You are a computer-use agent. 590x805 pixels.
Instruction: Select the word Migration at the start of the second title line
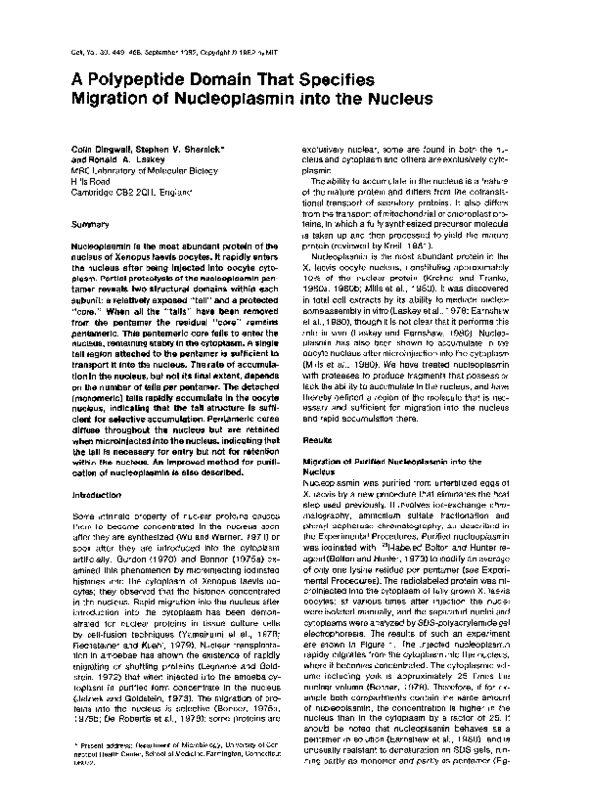click(x=100, y=98)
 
